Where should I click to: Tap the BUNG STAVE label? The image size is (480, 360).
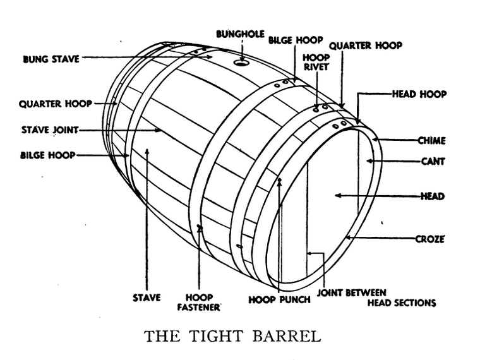[x=51, y=59]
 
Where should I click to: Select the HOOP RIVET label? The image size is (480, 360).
[x=316, y=62]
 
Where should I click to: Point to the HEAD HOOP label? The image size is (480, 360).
[x=419, y=94]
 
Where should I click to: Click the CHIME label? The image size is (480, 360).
[x=431, y=140]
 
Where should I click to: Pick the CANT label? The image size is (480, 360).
[x=433, y=161]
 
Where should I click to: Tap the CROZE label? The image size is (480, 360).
[x=429, y=239]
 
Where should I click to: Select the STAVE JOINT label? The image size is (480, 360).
[x=49, y=131]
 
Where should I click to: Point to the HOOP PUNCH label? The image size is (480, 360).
[x=279, y=299]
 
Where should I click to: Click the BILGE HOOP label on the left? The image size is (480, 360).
[x=48, y=155]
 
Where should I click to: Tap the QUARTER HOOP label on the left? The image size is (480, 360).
[x=55, y=104]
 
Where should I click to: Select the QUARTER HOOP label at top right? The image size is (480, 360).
[x=365, y=45]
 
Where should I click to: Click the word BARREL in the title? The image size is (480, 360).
[x=287, y=335]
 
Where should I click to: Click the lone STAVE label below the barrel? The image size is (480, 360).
[x=146, y=297]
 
